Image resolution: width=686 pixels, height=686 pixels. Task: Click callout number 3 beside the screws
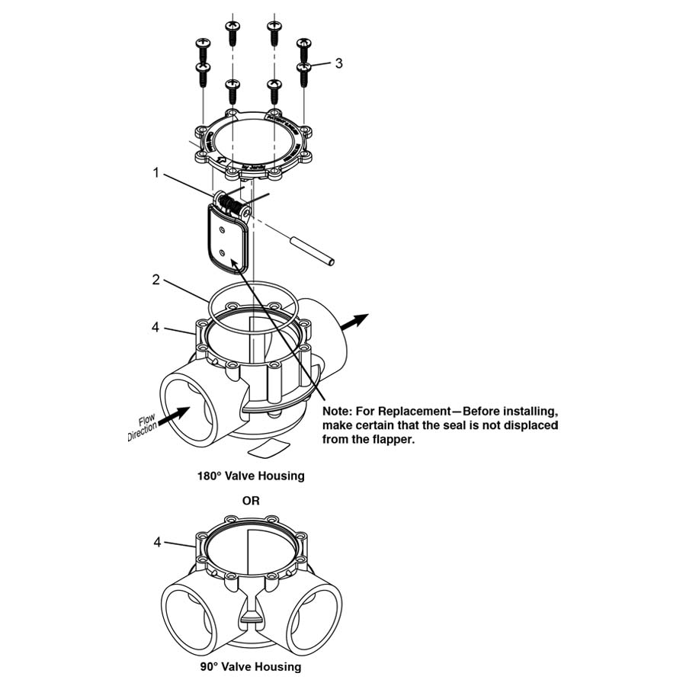tap(338, 63)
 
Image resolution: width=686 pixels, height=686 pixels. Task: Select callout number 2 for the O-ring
tap(155, 280)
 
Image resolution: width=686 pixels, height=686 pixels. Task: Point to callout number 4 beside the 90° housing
tap(157, 542)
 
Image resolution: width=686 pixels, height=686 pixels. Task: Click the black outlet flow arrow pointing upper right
tap(354, 321)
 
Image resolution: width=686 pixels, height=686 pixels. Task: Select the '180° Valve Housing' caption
tap(251, 476)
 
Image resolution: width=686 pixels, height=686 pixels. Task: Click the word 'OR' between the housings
tap(251, 501)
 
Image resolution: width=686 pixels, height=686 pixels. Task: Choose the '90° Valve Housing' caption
tap(251, 667)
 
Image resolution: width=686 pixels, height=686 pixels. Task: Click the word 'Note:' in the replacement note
tap(339, 411)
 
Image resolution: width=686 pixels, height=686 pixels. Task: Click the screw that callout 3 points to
tap(304, 73)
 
